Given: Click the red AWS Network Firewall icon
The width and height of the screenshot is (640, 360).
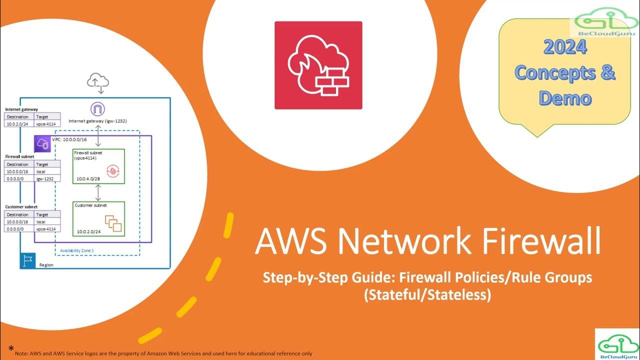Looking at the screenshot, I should pos(318,65).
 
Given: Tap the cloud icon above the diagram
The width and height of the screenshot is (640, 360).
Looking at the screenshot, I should pos(98,81).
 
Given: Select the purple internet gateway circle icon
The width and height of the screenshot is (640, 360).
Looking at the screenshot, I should pos(97,109).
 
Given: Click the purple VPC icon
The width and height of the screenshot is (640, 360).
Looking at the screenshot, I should pos(42,144).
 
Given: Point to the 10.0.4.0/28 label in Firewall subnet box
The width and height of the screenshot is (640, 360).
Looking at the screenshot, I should pos(88,178).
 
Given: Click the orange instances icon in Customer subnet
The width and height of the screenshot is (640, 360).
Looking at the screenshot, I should pos(113,223).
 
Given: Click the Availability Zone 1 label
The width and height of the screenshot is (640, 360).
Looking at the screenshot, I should pos(77,250).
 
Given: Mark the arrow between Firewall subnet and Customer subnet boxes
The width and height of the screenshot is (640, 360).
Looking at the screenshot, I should pos(98,192).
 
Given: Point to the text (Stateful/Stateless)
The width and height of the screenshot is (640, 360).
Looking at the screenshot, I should pos(427,295).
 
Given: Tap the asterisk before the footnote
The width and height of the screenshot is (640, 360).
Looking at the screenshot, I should pos(11,348).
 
